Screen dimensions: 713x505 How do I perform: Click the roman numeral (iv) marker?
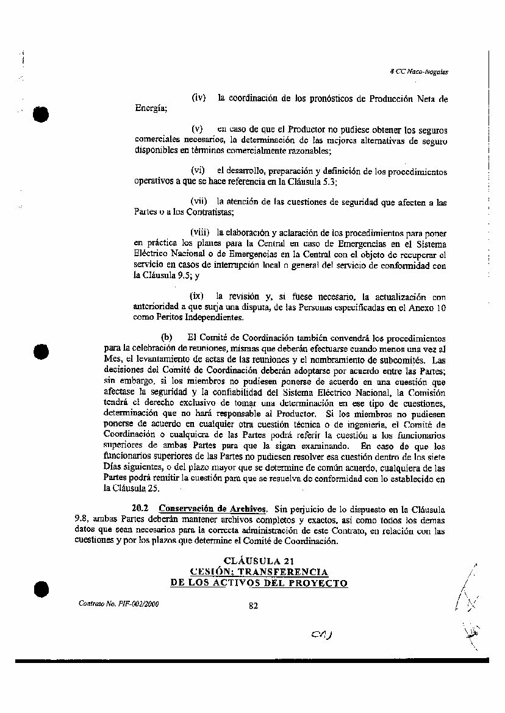[199, 99]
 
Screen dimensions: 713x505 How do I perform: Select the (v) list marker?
[197, 130]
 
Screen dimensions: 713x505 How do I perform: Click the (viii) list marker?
[200, 232]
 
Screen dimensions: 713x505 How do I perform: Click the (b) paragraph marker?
[167, 337]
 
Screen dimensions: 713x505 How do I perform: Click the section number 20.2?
[141, 509]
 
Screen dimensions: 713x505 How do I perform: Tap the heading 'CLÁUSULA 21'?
[260, 561]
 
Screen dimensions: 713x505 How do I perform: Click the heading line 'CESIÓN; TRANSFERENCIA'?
[260, 572]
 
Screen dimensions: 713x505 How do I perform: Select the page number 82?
[254, 606]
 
